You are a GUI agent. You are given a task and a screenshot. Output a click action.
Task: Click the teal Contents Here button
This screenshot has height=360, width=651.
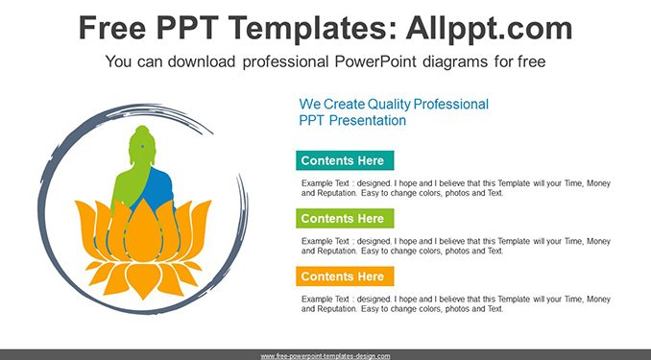pos(345,160)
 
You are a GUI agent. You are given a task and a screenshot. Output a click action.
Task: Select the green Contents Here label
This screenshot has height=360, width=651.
pos(345,219)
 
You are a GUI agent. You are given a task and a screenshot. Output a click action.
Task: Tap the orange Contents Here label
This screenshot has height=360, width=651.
pos(345,276)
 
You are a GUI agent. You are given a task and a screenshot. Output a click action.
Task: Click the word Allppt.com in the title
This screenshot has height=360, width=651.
pos(489,28)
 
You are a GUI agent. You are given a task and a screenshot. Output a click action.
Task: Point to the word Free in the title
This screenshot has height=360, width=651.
pos(112,28)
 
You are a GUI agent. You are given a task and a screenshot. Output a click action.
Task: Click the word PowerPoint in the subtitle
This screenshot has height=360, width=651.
pos(375,61)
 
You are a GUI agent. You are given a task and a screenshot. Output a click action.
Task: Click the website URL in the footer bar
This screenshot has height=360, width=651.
pos(325,356)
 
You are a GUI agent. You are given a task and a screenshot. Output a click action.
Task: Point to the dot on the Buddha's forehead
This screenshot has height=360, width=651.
pos(142,146)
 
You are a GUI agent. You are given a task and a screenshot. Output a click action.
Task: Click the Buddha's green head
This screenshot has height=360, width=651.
pos(142,145)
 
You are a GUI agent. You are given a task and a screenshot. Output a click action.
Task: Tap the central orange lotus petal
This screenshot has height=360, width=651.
pos(143,231)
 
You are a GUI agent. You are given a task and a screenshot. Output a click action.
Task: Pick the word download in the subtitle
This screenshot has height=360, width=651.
pos(202,61)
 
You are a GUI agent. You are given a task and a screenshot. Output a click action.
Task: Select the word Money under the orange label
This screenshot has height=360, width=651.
pos(598,299)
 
